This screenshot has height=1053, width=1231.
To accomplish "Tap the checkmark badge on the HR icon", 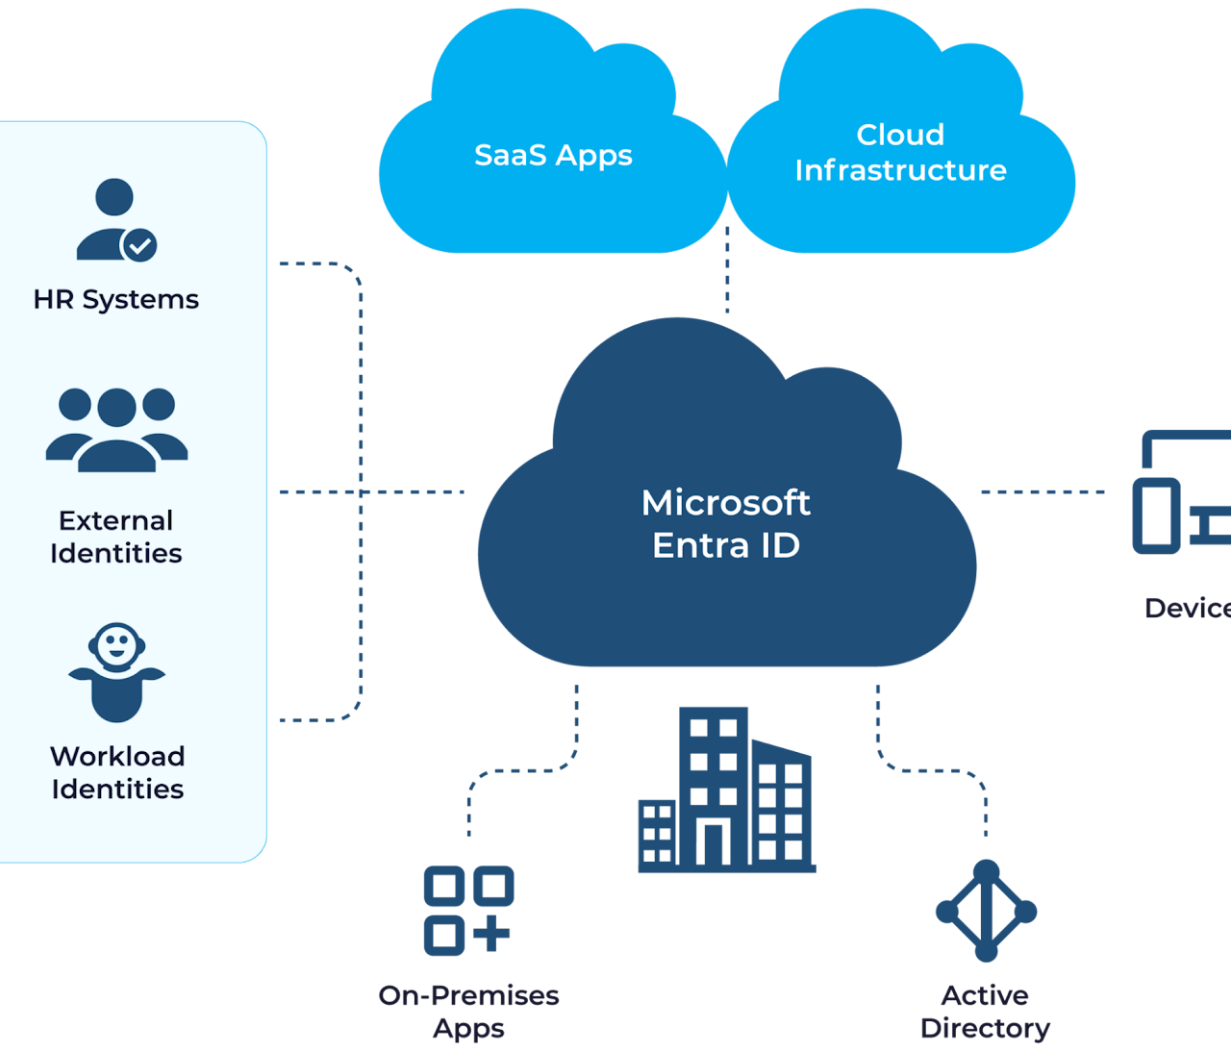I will coord(140,245).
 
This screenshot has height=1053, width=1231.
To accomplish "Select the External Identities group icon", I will coord(116,430).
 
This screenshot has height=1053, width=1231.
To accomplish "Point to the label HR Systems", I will coord(116,300).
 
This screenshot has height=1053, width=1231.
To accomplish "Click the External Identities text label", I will coord(116,537).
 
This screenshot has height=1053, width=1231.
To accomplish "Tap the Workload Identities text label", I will coord(117,772).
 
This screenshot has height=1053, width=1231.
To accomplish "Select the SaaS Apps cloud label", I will coord(553,156).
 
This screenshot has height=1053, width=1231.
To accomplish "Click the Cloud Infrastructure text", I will coord(900,153).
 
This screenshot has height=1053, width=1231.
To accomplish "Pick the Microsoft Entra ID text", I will coord(726,524).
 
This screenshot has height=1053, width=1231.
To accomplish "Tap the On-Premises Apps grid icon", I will coord(468,910).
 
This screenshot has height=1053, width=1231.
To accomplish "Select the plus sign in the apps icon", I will coord(491,934).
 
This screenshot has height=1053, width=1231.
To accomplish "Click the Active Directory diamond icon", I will coord(986,911).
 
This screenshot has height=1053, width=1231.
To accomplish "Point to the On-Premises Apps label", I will coord(468,1012).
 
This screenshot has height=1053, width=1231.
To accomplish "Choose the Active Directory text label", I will coord(985,1012).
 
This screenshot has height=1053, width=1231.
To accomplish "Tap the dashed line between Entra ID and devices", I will coord(1043,492).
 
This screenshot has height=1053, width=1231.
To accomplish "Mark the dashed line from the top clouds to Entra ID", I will coord(727,270).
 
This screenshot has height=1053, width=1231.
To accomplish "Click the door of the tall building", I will coord(713,843).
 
